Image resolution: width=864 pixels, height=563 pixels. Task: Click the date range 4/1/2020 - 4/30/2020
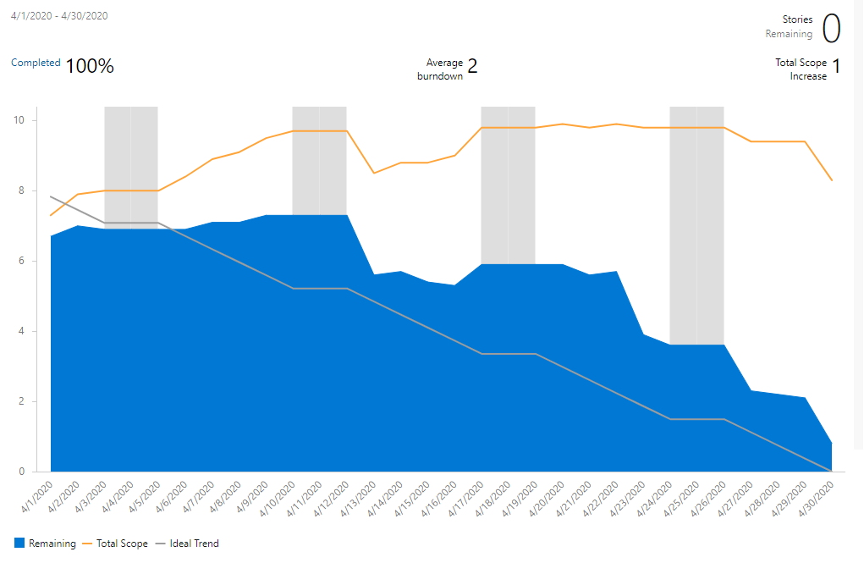[x=59, y=16]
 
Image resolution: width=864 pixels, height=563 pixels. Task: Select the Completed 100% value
[x=90, y=66]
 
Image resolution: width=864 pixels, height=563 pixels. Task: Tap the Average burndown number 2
[x=472, y=66]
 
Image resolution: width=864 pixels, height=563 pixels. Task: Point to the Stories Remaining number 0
[x=831, y=29]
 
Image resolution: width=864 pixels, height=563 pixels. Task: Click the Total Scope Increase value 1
[x=836, y=67]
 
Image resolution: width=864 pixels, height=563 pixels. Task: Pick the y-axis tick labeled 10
[x=19, y=120]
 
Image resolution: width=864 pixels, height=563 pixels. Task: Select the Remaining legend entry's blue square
[x=19, y=544]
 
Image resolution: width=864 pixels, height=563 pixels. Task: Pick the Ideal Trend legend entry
[x=193, y=544]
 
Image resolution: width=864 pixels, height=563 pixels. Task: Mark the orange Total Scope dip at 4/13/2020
[x=374, y=173]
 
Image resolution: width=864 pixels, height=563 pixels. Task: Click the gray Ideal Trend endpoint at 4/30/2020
[x=832, y=471]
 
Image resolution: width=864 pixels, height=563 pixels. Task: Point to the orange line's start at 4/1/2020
[x=51, y=215]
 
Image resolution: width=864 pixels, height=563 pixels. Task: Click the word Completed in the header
[x=36, y=63]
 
